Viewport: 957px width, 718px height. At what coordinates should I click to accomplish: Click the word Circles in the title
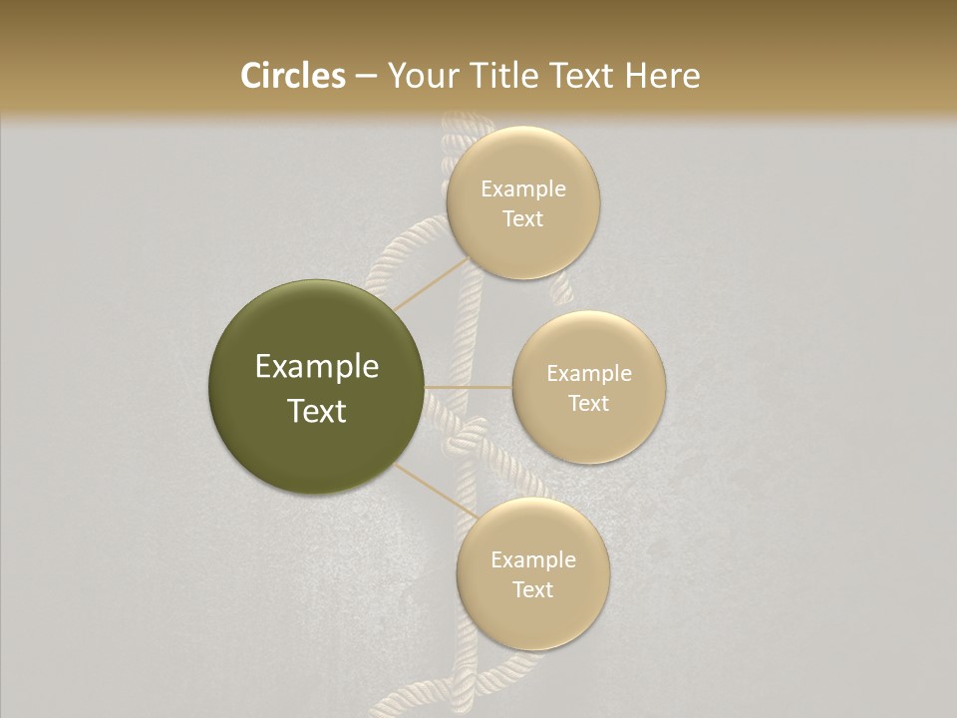tap(293, 76)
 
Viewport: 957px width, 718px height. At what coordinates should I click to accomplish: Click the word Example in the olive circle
tap(317, 367)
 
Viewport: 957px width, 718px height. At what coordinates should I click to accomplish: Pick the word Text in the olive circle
tap(317, 411)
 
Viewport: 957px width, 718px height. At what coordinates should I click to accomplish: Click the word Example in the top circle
tap(523, 189)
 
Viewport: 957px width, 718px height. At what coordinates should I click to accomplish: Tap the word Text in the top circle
tap(522, 219)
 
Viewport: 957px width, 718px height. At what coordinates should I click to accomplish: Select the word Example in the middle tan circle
tap(589, 374)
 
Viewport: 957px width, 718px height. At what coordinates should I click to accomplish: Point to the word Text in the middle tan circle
tap(588, 404)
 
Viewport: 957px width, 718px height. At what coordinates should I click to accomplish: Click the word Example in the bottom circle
tap(533, 560)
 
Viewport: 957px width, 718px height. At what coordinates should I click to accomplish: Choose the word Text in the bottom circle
tap(532, 590)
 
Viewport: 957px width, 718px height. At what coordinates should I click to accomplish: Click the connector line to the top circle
tap(431, 284)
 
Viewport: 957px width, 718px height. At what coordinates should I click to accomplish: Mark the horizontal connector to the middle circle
tap(468, 386)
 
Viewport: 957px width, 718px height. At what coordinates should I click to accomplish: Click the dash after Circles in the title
tap(366, 77)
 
